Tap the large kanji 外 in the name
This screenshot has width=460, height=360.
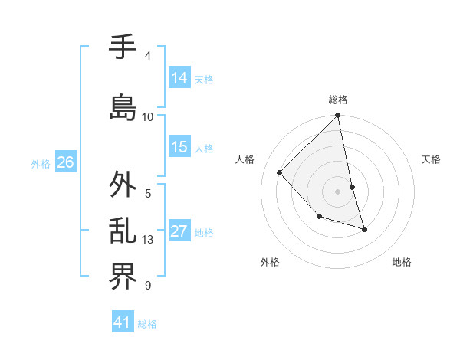(123, 185)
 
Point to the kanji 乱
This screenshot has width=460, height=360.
(123, 232)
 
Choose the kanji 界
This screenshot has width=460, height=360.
(123, 277)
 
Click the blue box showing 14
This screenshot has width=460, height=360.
(179, 78)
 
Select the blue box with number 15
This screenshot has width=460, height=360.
(179, 147)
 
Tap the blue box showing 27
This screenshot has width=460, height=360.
(179, 232)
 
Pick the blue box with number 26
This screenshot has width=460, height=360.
(65, 162)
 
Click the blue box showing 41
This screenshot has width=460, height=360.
(123, 323)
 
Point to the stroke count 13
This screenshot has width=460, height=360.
(148, 240)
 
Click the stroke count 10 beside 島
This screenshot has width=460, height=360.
(148, 117)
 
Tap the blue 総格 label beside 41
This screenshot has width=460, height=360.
(147, 324)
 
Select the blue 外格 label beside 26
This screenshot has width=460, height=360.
(41, 163)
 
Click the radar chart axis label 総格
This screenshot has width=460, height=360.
(338, 100)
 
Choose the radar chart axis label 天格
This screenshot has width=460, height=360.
(432, 159)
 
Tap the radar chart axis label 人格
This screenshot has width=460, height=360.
(245, 159)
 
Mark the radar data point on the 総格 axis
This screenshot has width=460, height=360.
(337, 116)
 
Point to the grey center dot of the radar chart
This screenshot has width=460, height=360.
(337, 191)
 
